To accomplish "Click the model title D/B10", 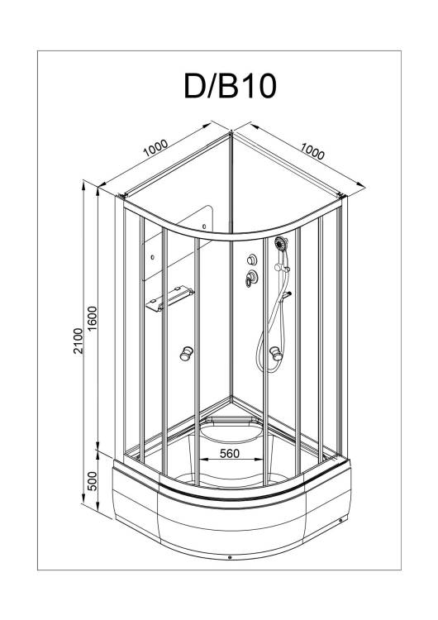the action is (x=230, y=87).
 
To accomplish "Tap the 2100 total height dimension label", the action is (x=79, y=341).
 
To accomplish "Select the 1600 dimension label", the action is (x=92, y=319).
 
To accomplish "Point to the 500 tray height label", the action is (x=92, y=480).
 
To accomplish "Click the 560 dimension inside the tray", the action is (x=230, y=453).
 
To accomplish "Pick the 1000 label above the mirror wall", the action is (x=155, y=148).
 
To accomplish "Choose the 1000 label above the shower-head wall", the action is (x=312, y=151).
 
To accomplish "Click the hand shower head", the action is (x=281, y=243).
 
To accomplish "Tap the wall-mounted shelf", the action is (x=170, y=298).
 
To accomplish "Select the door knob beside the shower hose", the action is (x=275, y=353).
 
